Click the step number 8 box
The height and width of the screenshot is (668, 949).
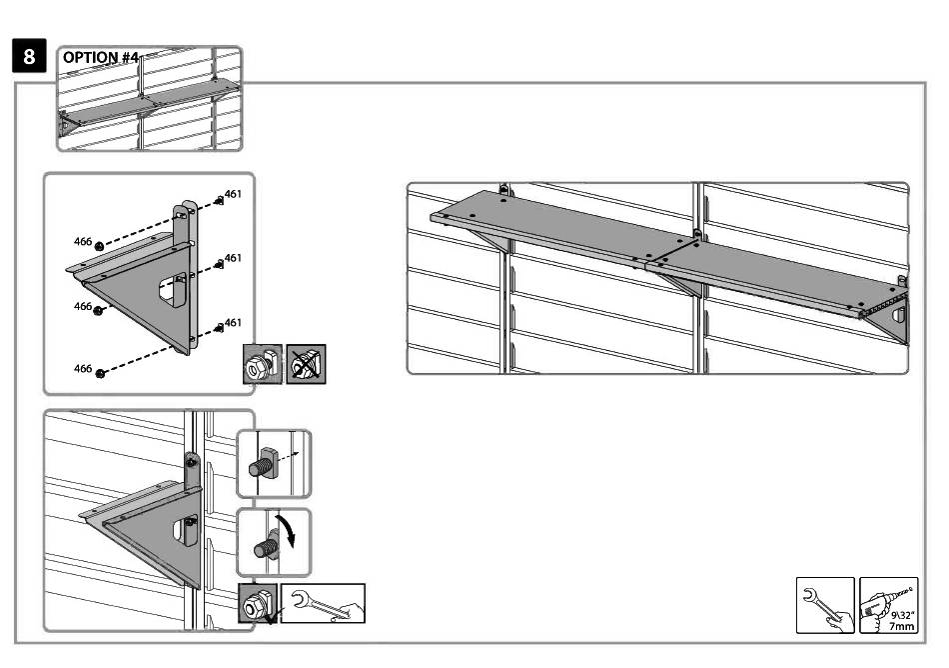[x=29, y=56]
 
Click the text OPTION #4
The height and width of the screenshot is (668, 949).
[x=101, y=58]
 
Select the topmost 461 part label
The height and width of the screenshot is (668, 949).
[x=233, y=194]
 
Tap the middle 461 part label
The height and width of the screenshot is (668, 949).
[x=233, y=258]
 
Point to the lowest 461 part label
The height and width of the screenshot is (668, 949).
[x=233, y=323]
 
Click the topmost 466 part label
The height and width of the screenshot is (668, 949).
[x=83, y=242]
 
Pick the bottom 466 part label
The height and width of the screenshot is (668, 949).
[x=83, y=369]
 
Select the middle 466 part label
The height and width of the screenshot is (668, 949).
[x=83, y=306]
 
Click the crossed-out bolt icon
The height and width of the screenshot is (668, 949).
[x=306, y=364]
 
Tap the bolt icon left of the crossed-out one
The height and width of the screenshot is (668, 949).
[x=263, y=364]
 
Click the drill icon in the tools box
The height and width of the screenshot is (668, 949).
[x=888, y=605]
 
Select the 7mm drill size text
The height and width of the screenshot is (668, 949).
[x=901, y=626]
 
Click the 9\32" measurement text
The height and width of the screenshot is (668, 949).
[x=902, y=615]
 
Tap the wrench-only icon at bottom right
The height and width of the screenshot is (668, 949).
[x=825, y=605]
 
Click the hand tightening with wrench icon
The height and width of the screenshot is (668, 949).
[x=324, y=603]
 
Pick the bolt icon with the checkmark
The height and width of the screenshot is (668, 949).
[x=258, y=603]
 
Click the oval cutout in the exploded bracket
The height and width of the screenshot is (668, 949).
[x=172, y=289]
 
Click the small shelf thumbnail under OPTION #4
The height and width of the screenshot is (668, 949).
[x=150, y=99]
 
